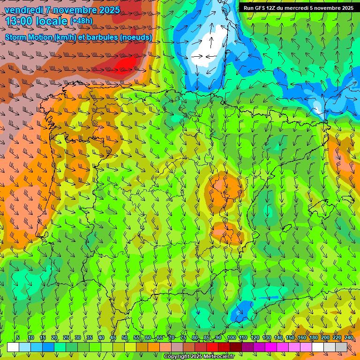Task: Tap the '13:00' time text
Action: click(19, 22)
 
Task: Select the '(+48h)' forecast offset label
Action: click(81, 21)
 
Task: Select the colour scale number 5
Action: click(18, 337)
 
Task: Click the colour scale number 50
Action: click(125, 337)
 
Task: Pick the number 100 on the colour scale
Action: click(231, 337)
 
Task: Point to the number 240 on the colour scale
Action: click(348, 337)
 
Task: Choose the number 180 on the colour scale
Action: click(313, 337)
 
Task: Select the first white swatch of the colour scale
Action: click(13, 347)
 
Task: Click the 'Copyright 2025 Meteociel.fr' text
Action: click(199, 357)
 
